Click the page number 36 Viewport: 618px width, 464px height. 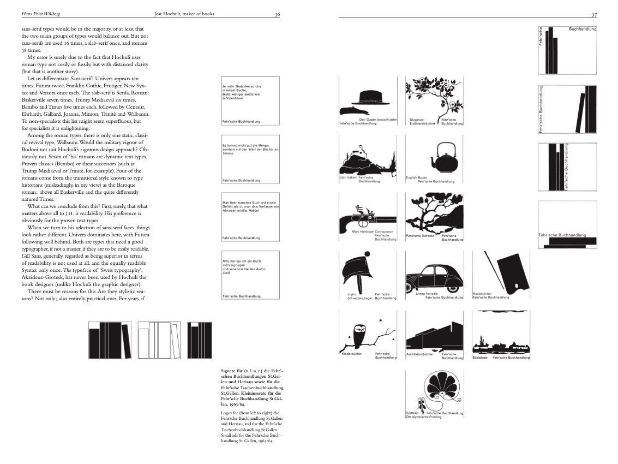tap(277, 14)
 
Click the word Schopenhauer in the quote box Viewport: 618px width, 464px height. tap(234, 98)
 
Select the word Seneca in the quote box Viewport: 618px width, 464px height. tap(227, 153)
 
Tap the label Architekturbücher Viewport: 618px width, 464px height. tap(419, 354)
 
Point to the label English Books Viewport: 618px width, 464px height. tap(416, 177)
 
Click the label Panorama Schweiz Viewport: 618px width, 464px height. tap(420, 236)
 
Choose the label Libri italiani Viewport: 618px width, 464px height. tap(348, 177)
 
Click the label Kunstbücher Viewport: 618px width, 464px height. tap(482, 294)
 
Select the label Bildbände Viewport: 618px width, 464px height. tap(479, 358)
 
